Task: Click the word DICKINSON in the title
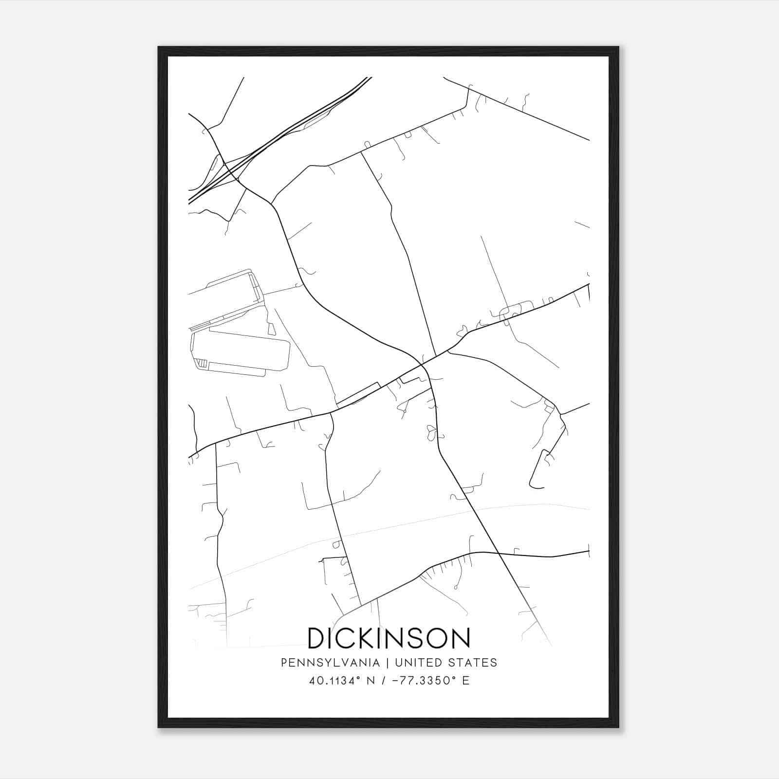point(389,638)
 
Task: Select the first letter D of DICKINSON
point(317,638)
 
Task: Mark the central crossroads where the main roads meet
point(422,364)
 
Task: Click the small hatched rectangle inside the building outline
point(202,363)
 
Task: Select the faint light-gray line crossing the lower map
point(389,528)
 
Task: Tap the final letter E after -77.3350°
point(466,681)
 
